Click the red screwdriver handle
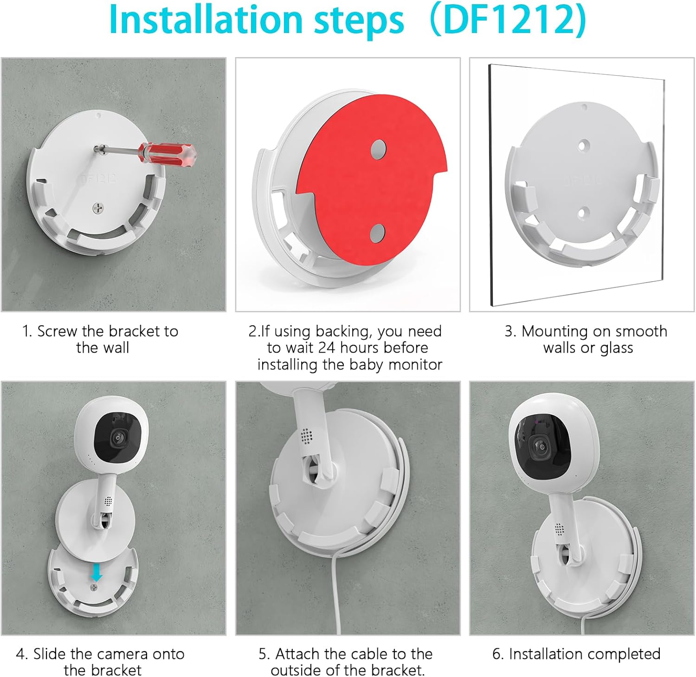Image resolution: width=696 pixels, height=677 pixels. [167, 154]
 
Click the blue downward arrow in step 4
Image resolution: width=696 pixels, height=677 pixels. [96, 572]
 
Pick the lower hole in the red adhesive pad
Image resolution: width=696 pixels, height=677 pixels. [378, 233]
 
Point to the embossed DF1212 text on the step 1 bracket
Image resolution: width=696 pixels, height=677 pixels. [98, 179]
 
